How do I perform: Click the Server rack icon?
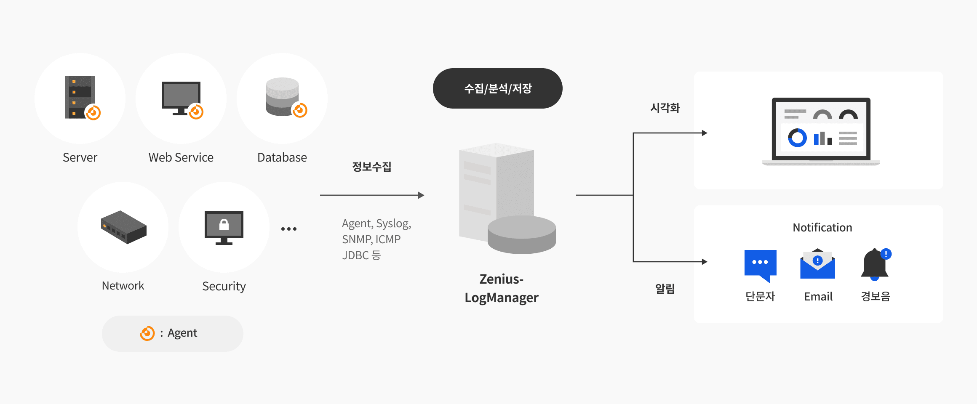click(x=80, y=97)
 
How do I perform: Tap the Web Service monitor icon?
click(x=181, y=98)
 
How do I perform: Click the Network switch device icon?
click(x=123, y=227)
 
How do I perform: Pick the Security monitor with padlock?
click(x=224, y=227)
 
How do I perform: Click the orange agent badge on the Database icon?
click(x=300, y=110)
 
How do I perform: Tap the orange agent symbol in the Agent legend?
click(x=147, y=333)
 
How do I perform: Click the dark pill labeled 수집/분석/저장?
click(x=497, y=88)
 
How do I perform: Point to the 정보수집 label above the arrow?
click(x=371, y=167)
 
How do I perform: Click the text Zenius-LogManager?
click(x=501, y=288)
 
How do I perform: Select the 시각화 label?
click(x=665, y=108)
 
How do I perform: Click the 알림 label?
click(x=665, y=289)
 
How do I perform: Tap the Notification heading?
click(x=822, y=228)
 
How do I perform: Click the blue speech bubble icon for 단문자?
click(x=760, y=264)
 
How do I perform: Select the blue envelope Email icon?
click(x=817, y=264)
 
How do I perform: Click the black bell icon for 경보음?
click(x=875, y=264)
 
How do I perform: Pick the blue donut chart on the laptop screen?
click(x=797, y=138)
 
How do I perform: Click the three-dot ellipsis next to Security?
click(x=289, y=229)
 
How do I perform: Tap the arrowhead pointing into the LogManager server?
click(x=421, y=195)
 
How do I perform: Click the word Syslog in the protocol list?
click(x=393, y=223)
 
